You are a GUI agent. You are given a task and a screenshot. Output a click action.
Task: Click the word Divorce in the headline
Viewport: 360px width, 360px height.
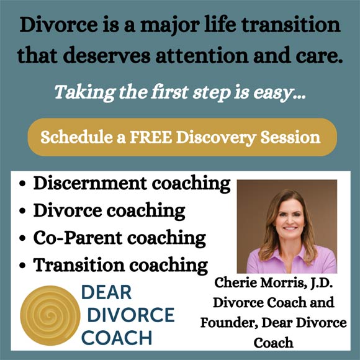tap(59, 25)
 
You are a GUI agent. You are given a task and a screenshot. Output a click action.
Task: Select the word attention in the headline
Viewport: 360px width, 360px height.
tap(202, 55)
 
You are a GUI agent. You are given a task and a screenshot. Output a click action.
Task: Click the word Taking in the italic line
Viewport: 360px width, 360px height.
tap(84, 92)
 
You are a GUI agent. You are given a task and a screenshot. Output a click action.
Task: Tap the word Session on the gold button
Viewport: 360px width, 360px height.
tap(290, 137)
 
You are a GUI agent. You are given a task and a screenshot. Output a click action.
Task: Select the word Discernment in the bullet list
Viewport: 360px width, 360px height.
tap(90, 183)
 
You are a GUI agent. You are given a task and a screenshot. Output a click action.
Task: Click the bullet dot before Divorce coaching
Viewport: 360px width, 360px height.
tap(22, 211)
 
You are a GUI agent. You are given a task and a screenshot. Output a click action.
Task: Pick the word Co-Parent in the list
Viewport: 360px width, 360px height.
tap(78, 238)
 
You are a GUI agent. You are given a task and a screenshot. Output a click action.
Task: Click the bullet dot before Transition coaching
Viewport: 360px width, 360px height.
tap(22, 266)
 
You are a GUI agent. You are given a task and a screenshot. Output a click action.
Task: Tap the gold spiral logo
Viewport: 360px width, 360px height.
tap(50, 315)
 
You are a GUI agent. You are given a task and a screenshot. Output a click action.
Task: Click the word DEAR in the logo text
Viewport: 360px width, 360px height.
tap(107, 292)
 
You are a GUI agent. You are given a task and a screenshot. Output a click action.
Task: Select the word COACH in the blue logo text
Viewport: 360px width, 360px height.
tap(117, 337)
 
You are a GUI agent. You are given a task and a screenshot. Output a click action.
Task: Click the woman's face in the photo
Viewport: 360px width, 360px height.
tap(290, 220)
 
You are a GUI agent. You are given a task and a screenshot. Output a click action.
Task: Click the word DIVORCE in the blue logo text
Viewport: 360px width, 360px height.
tap(131, 315)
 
